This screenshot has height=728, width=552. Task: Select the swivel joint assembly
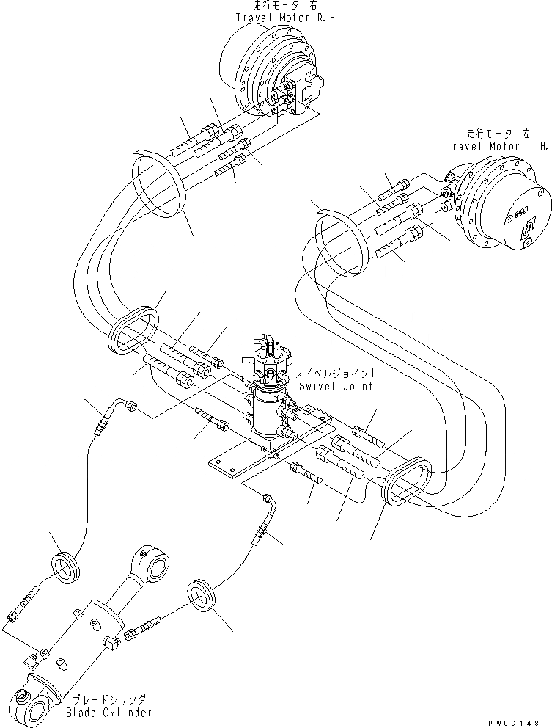pos(271,396)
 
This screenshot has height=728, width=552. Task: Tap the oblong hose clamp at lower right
pos(408,483)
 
